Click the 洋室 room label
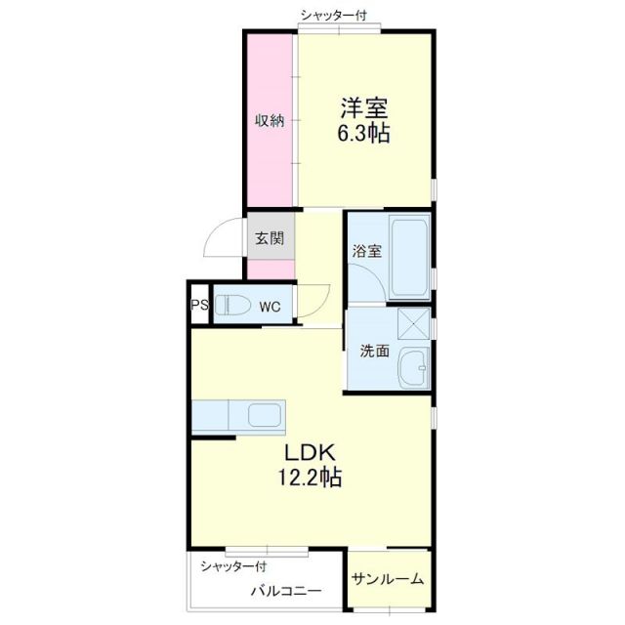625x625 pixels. (x=364, y=108)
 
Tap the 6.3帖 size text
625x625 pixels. (x=364, y=133)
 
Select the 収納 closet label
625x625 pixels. (x=271, y=120)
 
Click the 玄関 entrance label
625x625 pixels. (x=270, y=238)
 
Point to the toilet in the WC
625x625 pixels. (x=232, y=306)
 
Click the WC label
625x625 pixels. (x=270, y=307)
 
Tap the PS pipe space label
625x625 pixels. (x=199, y=306)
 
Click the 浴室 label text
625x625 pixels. (x=367, y=251)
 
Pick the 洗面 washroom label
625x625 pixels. (x=375, y=351)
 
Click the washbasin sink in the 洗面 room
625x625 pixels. (x=414, y=367)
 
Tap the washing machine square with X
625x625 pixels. (x=414, y=323)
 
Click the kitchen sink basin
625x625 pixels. (x=265, y=415)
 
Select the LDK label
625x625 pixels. (x=310, y=452)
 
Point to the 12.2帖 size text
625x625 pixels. (x=310, y=477)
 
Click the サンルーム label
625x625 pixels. (x=388, y=578)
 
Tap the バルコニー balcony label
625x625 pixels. (x=286, y=590)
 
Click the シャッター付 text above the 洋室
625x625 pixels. (x=334, y=16)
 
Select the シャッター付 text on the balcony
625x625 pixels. (x=234, y=566)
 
